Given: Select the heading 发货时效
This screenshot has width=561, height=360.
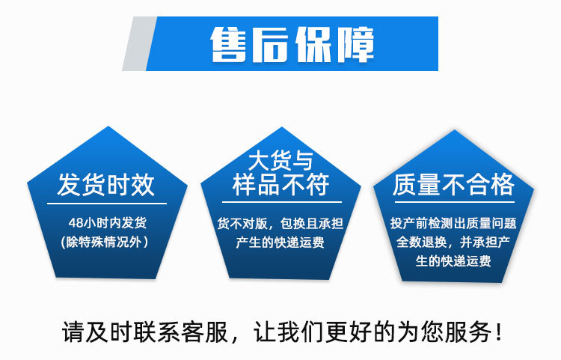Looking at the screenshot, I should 105,184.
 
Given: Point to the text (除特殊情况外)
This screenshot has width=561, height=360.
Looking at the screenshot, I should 105,241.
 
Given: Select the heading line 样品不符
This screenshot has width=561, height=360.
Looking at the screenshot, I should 280,185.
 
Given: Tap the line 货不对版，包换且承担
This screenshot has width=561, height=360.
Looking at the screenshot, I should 280,224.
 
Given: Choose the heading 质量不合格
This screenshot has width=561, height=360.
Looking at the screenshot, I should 453,184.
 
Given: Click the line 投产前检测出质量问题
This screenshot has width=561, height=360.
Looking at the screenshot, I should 453,223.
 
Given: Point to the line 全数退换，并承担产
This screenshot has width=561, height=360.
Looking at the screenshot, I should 453,242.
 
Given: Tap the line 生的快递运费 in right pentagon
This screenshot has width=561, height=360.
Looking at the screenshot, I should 453,261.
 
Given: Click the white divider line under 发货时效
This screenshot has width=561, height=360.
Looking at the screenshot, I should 105,202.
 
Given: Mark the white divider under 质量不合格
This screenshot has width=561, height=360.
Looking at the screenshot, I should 453,202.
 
